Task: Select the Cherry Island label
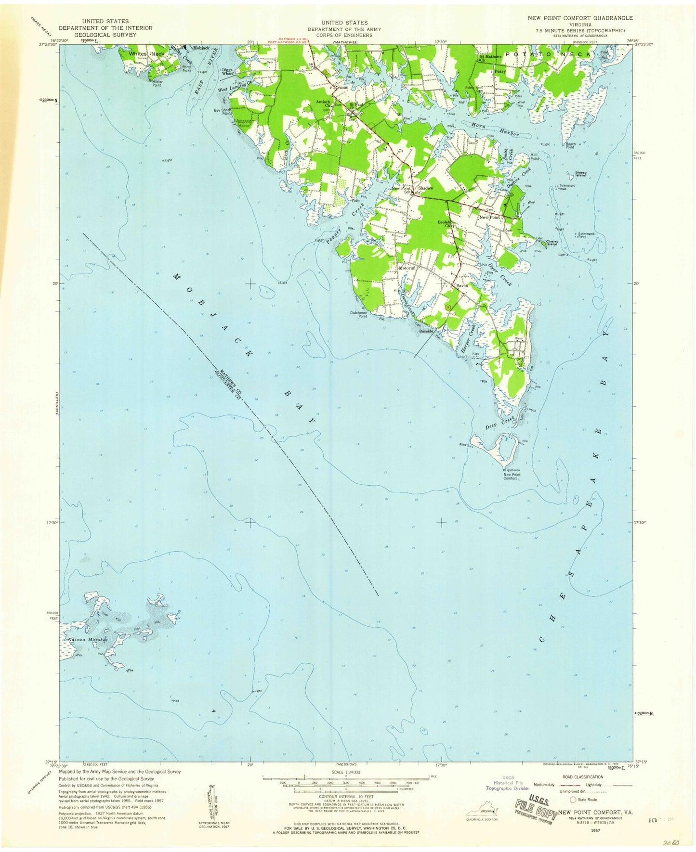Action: point(552,243)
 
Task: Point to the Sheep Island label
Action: point(580,174)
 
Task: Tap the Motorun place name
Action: point(407,268)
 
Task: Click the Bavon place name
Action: point(462,285)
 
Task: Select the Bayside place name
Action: point(427,332)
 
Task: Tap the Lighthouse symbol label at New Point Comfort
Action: point(512,470)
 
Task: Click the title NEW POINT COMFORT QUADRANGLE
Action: point(580,18)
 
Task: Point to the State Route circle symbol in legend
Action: point(573,800)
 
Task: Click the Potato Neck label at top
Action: point(549,54)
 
